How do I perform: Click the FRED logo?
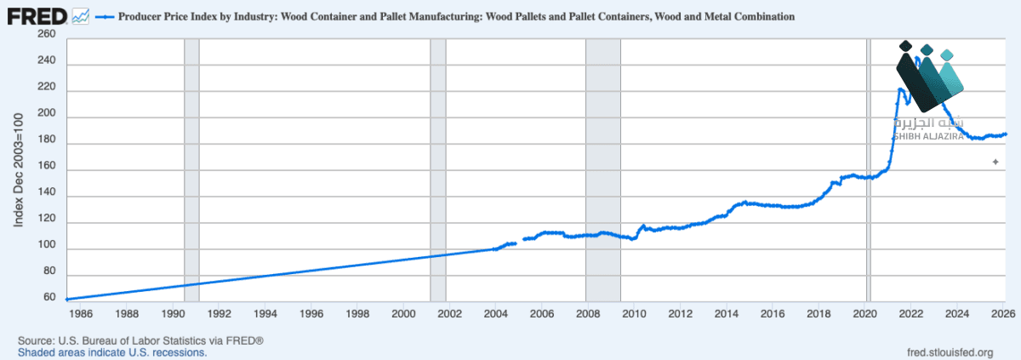pyautogui.click(x=37, y=17)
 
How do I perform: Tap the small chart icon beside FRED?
pyautogui.click(x=81, y=17)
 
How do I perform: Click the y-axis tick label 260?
pyautogui.click(x=47, y=34)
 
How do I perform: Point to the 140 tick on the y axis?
pyautogui.click(x=47, y=191)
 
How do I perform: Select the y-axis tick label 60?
pyautogui.click(x=49, y=297)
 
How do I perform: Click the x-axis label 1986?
pyautogui.click(x=81, y=313)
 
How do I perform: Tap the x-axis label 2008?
pyautogui.click(x=588, y=313)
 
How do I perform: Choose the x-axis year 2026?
pyautogui.click(x=1003, y=313)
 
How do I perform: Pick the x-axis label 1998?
pyautogui.click(x=357, y=313)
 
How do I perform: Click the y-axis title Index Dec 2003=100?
pyautogui.click(x=18, y=170)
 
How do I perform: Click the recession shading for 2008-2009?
pyautogui.click(x=603, y=170)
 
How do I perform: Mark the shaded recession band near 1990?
pyautogui.click(x=192, y=170)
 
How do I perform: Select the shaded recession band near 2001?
pyautogui.click(x=438, y=170)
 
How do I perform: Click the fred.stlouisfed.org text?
pyautogui.click(x=950, y=352)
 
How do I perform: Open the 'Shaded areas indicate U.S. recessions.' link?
pyautogui.click(x=112, y=352)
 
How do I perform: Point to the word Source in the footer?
pyautogui.click(x=36, y=341)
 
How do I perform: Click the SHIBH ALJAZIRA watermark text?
pyautogui.click(x=928, y=136)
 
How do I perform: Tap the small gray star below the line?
pyautogui.click(x=995, y=162)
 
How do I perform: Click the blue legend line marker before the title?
pyautogui.click(x=105, y=17)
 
